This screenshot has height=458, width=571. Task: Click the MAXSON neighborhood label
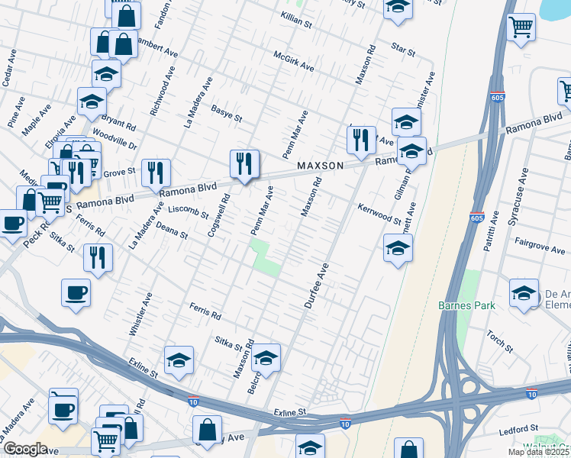(x=321, y=165)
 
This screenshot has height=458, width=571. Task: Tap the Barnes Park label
(x=466, y=305)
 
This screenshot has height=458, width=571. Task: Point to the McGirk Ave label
(x=294, y=62)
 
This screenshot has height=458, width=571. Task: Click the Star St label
(x=402, y=53)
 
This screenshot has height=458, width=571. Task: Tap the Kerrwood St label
(x=379, y=214)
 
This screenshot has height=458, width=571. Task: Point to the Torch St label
(x=500, y=341)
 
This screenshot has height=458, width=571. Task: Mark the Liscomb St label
(x=189, y=211)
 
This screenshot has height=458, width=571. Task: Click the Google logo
(x=25, y=448)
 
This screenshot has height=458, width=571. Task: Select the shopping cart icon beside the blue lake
(x=521, y=28)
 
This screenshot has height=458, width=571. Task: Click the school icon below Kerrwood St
(x=398, y=249)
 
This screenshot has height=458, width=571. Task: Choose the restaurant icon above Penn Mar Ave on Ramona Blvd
(x=244, y=163)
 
